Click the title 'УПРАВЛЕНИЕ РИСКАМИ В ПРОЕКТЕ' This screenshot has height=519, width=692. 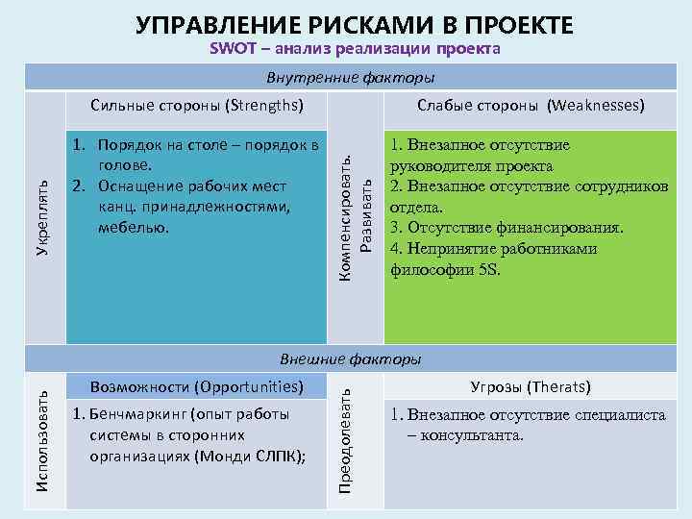point(355,24)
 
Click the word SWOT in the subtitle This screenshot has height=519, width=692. point(232,49)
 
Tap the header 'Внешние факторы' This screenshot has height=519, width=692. point(350,359)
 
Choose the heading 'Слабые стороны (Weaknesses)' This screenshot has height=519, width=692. point(530,104)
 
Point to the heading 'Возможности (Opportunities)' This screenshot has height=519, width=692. point(196,387)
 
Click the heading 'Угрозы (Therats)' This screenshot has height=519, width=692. point(530,387)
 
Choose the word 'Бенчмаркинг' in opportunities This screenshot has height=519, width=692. point(135,416)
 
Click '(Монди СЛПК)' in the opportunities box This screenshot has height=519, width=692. point(253,457)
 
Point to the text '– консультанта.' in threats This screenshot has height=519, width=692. point(466,435)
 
